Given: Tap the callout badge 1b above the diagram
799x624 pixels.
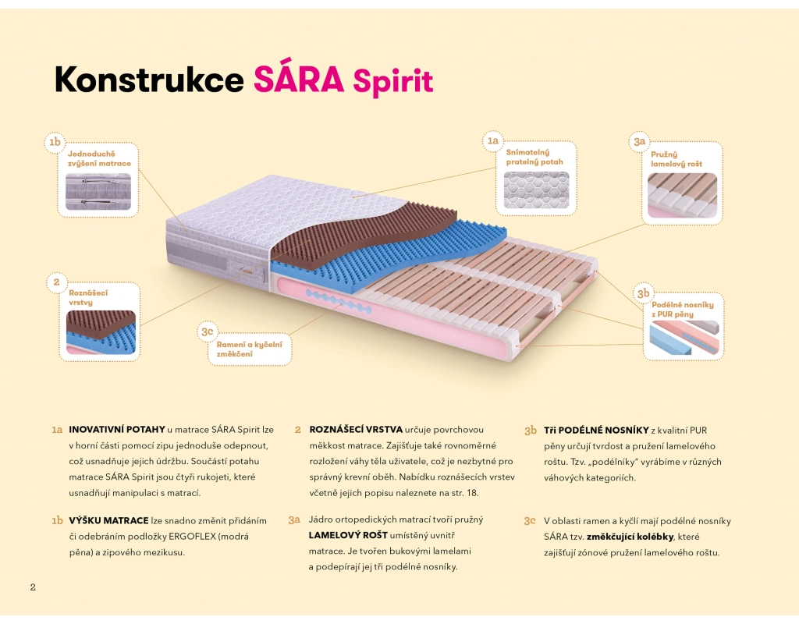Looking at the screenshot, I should point(54,142).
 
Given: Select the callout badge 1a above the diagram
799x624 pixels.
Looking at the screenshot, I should point(492,140).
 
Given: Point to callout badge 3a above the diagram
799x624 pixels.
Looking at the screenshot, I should point(639,141).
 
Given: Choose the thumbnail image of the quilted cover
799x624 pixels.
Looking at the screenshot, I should point(536,190).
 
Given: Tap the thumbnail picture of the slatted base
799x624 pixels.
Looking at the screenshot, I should point(682,195).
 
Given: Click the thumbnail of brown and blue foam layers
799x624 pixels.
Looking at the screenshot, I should point(101,332).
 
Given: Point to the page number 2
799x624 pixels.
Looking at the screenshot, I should point(33,587).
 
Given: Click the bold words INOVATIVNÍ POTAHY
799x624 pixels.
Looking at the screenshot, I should point(117,430).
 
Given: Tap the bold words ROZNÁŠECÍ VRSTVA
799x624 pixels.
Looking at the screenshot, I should point(356,430).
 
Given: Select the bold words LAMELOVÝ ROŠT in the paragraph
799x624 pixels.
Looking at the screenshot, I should point(348,535).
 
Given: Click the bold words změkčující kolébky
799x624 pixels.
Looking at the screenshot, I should point(632,537).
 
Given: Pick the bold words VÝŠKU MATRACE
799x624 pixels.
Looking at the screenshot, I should point(108,520).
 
